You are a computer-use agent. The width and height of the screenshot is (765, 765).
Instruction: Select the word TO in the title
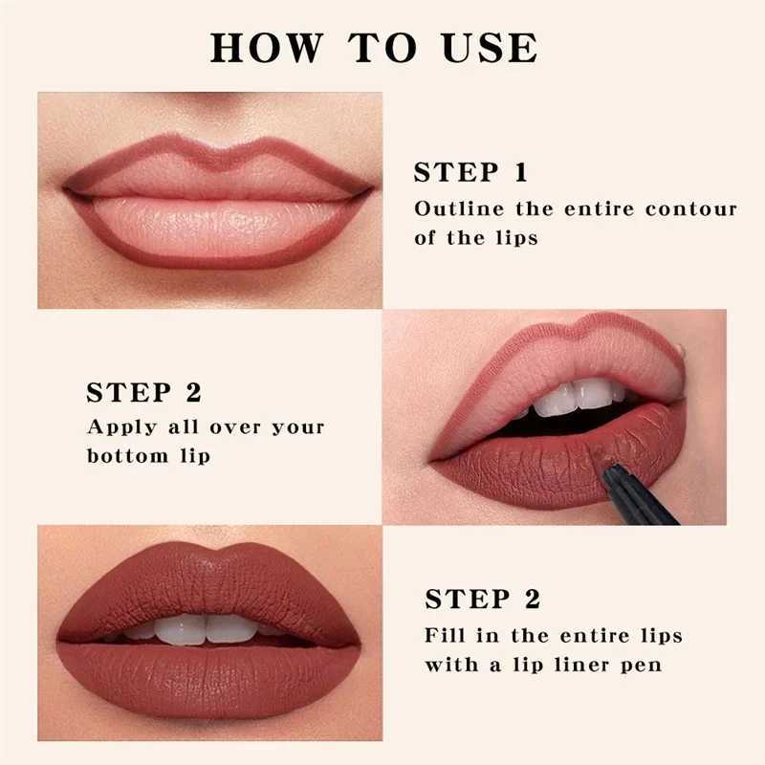point(388,47)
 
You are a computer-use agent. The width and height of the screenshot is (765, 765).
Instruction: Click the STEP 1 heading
point(470,173)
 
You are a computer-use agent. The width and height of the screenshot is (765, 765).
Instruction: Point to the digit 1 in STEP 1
point(520,173)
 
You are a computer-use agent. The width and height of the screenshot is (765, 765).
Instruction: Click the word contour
point(692,208)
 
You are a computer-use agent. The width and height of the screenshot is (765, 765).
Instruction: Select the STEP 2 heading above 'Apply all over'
point(143,393)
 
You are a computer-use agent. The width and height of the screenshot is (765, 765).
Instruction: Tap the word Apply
point(119,426)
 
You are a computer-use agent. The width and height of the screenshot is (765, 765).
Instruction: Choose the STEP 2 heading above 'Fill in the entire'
point(483,600)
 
